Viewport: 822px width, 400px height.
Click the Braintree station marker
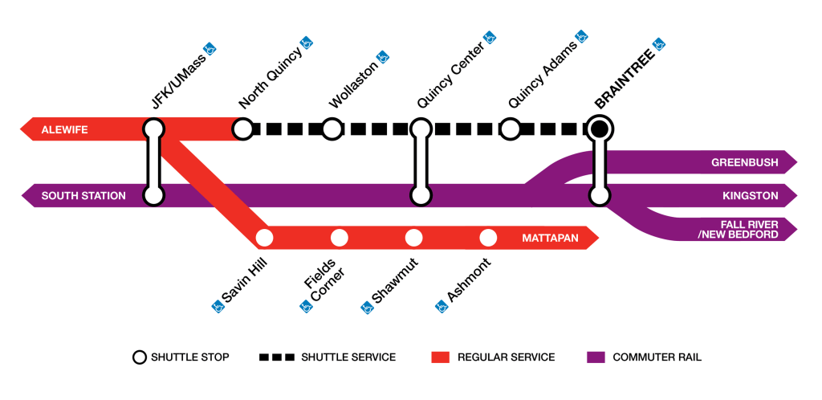599,129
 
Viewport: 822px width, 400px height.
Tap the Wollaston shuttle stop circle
332,129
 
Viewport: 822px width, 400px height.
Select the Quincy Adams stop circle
510,129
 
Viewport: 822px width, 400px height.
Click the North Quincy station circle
243,129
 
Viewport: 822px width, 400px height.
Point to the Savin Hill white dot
264,238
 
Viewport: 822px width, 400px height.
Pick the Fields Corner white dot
339,238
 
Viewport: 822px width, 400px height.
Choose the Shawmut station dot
413,238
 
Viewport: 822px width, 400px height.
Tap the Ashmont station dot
488,238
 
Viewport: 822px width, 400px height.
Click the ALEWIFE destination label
65,129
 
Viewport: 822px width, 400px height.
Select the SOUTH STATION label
83,195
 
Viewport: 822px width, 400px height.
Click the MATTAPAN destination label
551,239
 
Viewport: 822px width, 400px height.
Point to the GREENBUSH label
744,163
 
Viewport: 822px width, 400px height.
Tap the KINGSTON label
750,195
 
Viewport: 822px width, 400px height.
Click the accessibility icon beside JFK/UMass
210,47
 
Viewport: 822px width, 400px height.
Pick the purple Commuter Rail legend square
594,357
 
